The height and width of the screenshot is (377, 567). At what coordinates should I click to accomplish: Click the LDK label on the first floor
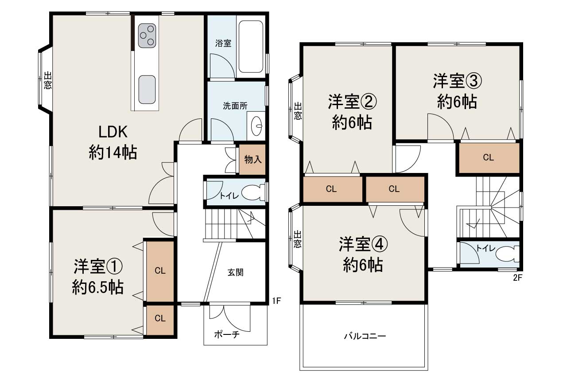tap(113, 132)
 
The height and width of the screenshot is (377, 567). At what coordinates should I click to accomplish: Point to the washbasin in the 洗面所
tap(256, 126)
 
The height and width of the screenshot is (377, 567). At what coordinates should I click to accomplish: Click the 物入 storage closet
tap(252, 160)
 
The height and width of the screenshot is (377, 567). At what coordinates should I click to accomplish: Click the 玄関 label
tap(235, 273)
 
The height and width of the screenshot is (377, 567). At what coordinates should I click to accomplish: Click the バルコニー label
tap(365, 336)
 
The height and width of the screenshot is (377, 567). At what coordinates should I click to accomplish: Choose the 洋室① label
tap(97, 267)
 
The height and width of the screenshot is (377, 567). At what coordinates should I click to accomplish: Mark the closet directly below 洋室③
tap(488, 157)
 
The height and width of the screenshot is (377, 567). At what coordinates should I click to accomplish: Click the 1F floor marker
tap(276, 301)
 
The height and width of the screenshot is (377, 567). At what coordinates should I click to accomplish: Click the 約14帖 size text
tap(113, 153)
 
